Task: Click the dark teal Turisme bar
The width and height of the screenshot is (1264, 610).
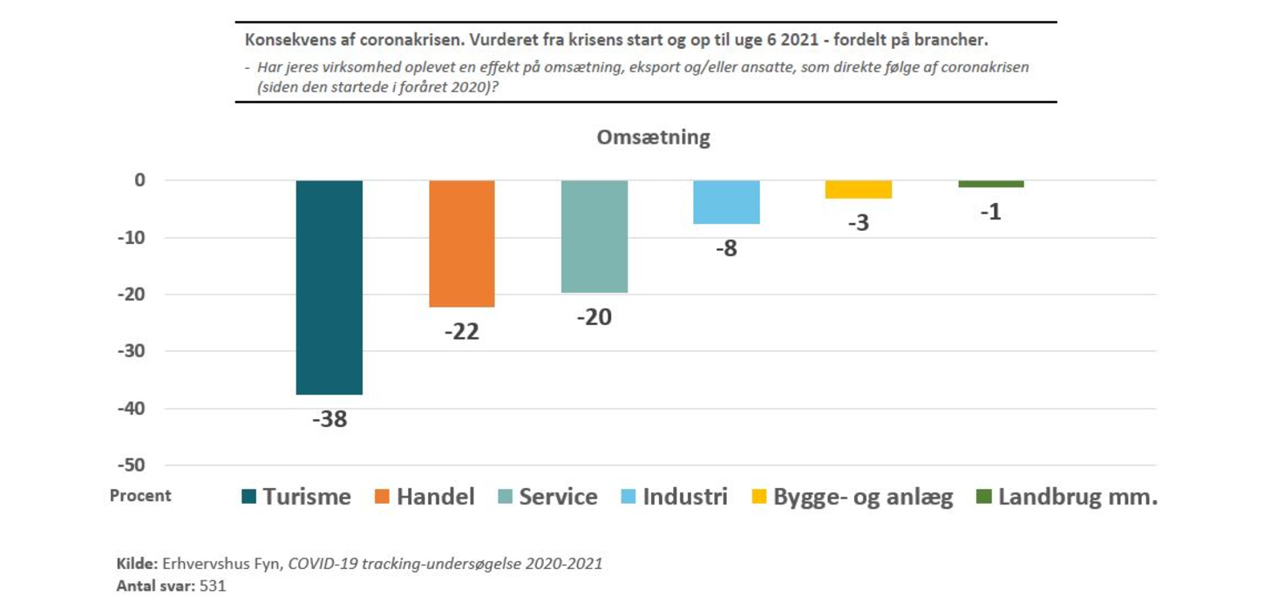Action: [329, 288]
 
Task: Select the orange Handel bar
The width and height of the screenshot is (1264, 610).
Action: [461, 244]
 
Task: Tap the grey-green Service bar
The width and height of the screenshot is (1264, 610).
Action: [594, 236]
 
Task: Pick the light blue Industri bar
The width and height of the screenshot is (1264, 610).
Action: [726, 202]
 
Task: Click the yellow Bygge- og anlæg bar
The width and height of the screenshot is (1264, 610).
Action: [859, 189]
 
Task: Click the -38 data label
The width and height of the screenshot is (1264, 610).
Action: [329, 419]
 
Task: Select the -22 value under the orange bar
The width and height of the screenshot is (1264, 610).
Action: [461, 331]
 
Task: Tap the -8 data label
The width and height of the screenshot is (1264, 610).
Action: [725, 248]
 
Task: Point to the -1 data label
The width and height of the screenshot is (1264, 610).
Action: [990, 212]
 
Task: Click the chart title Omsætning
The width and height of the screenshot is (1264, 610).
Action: [653, 138]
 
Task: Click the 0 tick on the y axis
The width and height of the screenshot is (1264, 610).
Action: [139, 180]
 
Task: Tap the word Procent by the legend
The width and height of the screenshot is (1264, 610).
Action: [140, 496]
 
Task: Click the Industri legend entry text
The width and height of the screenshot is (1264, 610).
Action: [684, 497]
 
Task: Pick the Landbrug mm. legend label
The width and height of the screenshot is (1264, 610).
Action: [1077, 497]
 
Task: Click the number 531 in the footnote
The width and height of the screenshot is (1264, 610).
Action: [213, 586]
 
